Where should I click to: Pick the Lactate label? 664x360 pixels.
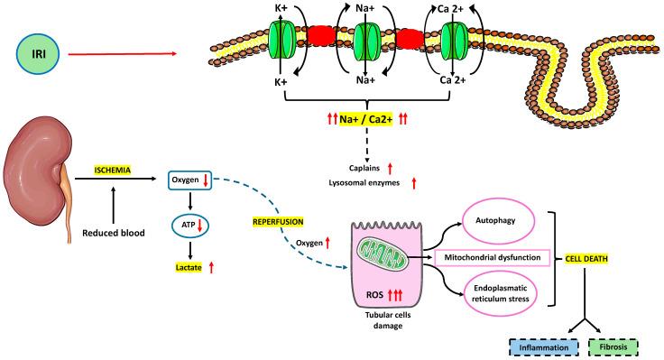(189, 267)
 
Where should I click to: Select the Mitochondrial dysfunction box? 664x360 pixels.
(493, 258)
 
